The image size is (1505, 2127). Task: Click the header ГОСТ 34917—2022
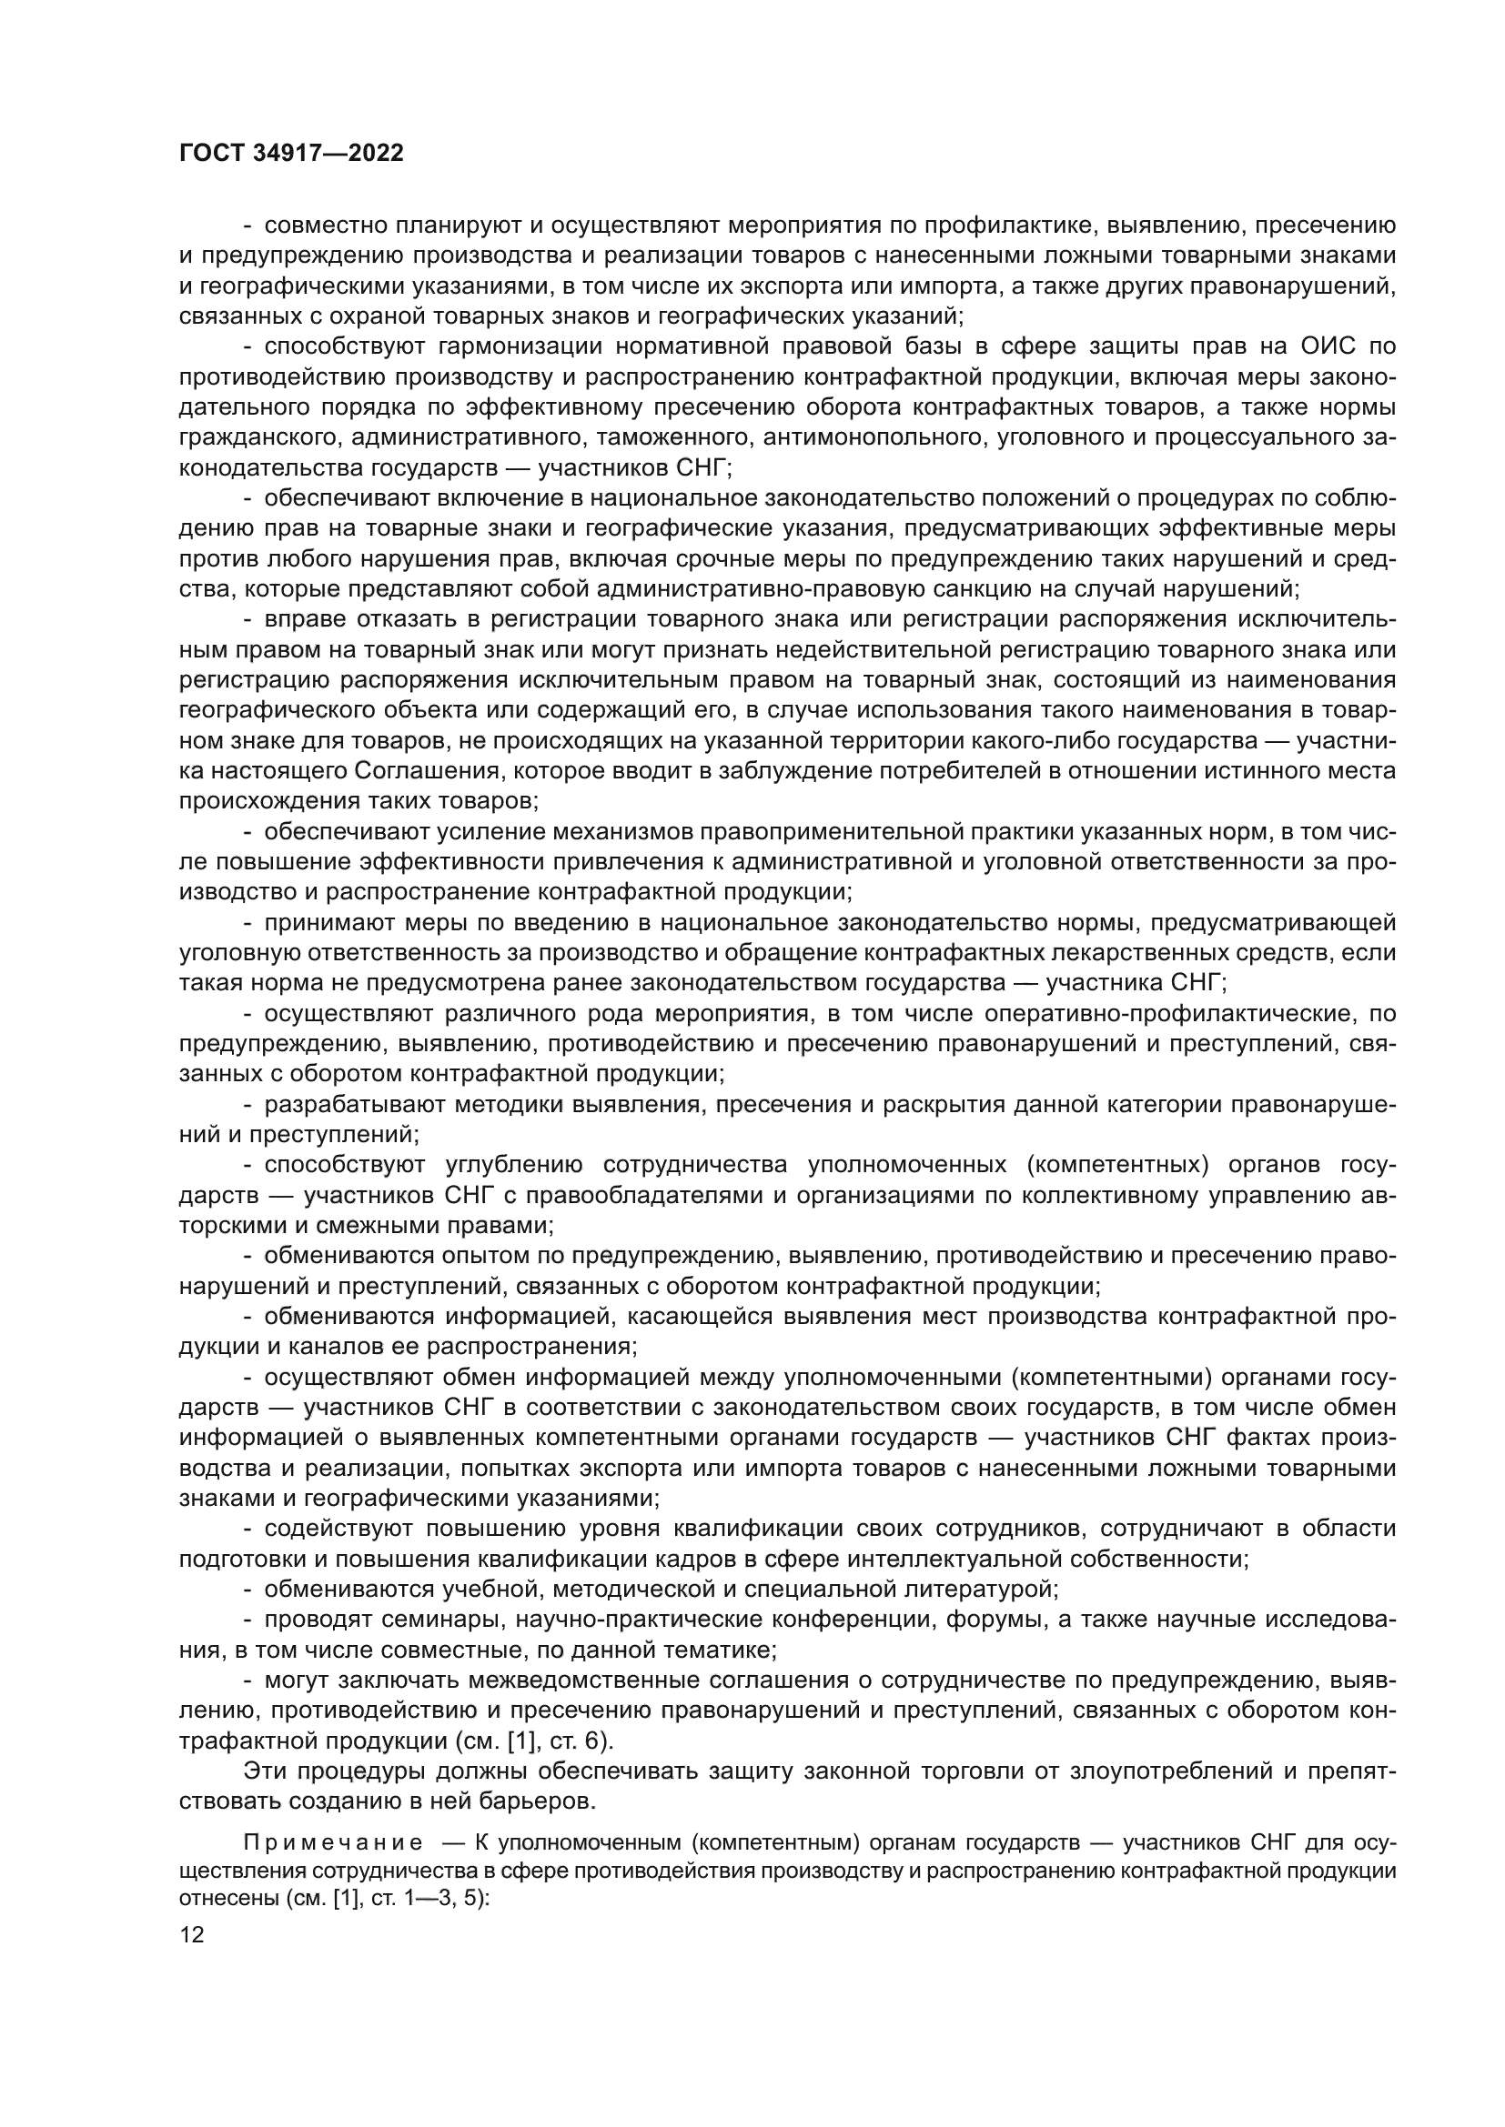(291, 154)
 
